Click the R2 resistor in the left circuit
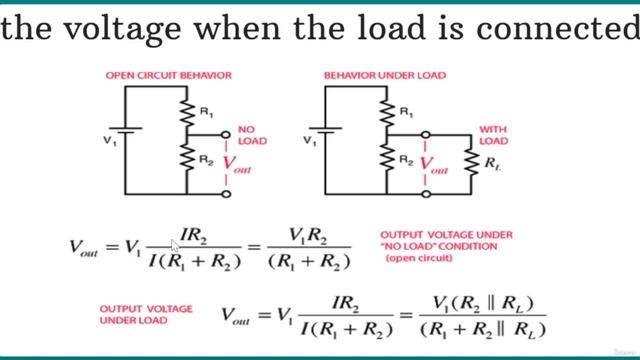187,158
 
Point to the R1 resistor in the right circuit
387,112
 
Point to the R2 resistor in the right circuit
387,158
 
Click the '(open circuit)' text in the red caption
417,259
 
